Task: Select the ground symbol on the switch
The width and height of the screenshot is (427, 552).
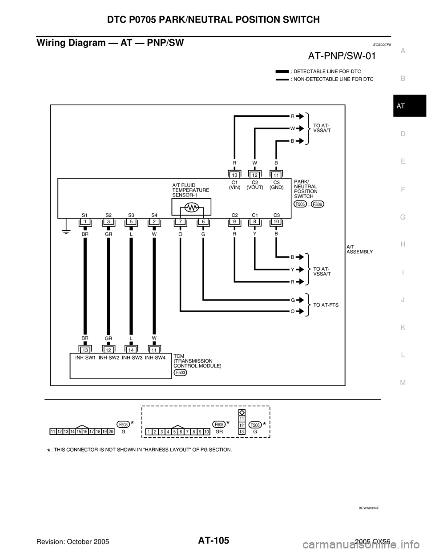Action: pyautogui.click(x=65, y=231)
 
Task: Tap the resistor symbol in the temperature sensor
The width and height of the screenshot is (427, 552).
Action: pyautogui.click(x=191, y=207)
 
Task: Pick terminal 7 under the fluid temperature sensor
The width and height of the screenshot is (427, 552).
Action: pyautogui.click(x=180, y=221)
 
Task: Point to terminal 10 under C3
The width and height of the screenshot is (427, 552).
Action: pyautogui.click(x=276, y=221)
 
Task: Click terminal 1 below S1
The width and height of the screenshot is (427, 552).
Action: pyautogui.click(x=85, y=221)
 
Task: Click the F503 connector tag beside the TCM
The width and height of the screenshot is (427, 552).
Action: pyautogui.click(x=181, y=372)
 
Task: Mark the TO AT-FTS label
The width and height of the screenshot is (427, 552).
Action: pyautogui.click(x=326, y=306)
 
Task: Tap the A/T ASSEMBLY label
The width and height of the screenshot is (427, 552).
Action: pyautogui.click(x=360, y=249)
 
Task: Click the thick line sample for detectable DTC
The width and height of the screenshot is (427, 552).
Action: pyautogui.click(x=282, y=71)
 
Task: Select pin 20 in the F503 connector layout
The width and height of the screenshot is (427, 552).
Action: pyautogui.click(x=111, y=432)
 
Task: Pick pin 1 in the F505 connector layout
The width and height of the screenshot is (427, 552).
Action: pyautogui.click(x=149, y=432)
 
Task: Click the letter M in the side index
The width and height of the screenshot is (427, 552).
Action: pyautogui.click(x=403, y=382)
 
